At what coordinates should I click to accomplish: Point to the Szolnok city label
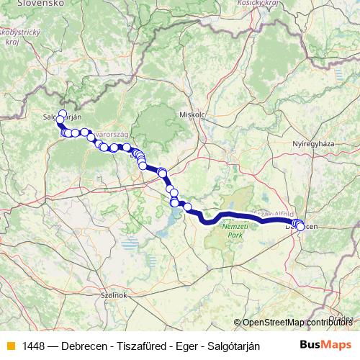(x=114, y=295)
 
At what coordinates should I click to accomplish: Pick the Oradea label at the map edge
(x=341, y=318)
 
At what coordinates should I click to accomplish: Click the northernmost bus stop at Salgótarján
(x=62, y=114)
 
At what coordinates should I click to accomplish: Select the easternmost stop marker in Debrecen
(x=300, y=227)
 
